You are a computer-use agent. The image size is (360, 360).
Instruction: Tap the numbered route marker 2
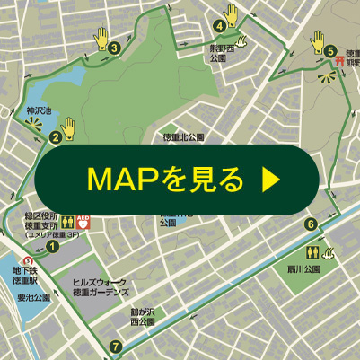click(x=56, y=137)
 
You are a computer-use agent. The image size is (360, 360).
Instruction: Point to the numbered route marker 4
click(x=219, y=25)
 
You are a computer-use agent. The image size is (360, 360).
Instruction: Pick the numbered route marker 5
click(x=330, y=51)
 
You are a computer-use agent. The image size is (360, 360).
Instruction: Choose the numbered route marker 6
click(x=311, y=224)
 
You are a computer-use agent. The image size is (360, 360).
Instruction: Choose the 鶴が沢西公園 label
click(x=142, y=316)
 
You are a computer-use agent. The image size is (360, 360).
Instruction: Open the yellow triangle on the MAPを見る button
click(x=269, y=180)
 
